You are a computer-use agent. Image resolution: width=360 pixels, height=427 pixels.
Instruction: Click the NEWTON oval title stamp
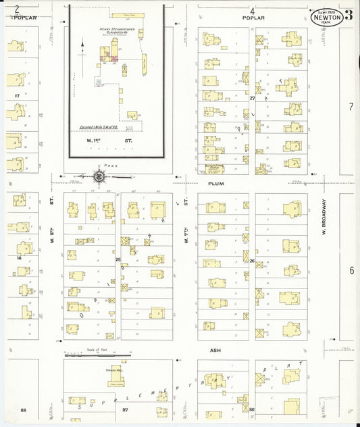click(x=326, y=16)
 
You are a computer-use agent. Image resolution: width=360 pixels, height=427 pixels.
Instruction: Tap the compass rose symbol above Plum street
click(x=99, y=177)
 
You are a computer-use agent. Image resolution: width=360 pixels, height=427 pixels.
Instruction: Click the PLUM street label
click(x=215, y=183)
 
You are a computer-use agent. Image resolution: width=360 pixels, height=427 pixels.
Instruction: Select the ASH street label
click(x=215, y=351)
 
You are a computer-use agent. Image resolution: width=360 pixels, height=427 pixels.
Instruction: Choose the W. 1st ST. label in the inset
click(x=101, y=140)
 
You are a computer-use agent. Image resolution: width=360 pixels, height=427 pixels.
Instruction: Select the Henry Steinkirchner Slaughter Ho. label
click(x=113, y=32)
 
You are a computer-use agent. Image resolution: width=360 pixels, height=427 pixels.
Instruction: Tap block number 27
click(x=252, y=98)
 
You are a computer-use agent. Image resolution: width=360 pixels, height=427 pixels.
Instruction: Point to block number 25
click(x=118, y=259)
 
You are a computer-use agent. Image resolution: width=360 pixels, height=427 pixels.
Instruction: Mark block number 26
click(x=252, y=260)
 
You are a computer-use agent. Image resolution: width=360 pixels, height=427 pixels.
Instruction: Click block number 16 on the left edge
click(x=20, y=258)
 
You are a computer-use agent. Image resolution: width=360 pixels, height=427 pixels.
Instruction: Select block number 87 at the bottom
click(x=124, y=410)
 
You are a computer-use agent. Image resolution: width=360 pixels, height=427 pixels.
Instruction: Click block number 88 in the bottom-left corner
click(x=23, y=410)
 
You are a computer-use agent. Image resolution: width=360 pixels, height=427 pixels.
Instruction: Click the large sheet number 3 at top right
click(x=348, y=16)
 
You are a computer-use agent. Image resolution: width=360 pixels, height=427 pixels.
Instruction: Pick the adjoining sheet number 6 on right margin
click(x=351, y=270)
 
